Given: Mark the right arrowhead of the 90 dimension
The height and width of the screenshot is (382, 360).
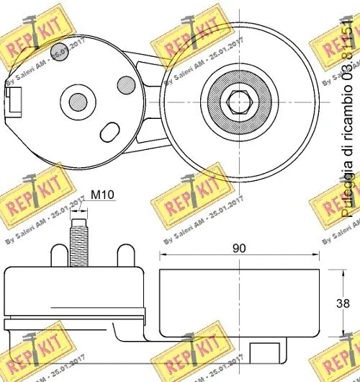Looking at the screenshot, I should pos(318,255).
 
